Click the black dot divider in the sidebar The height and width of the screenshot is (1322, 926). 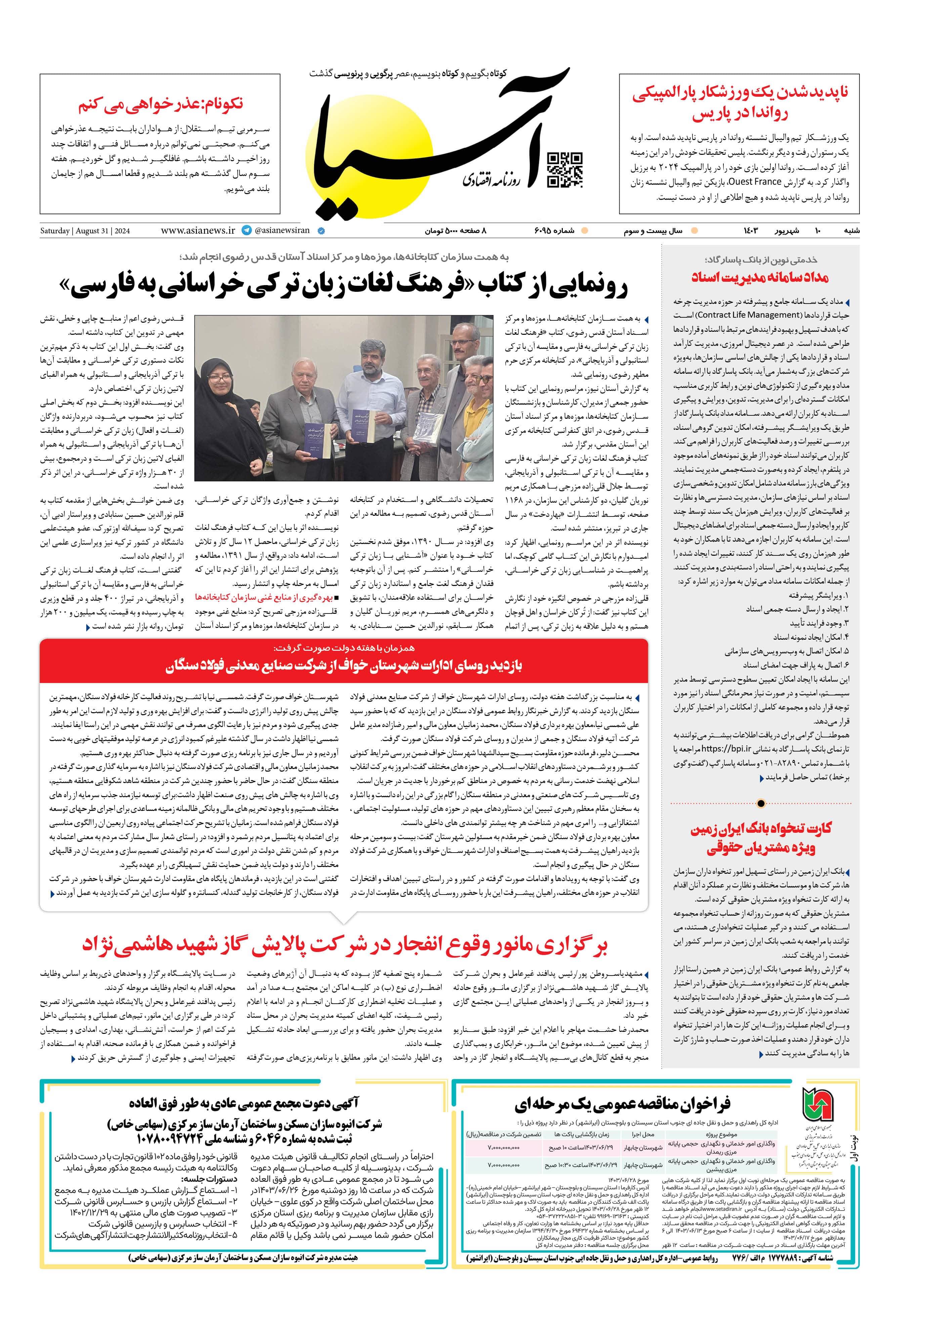click(x=761, y=803)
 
